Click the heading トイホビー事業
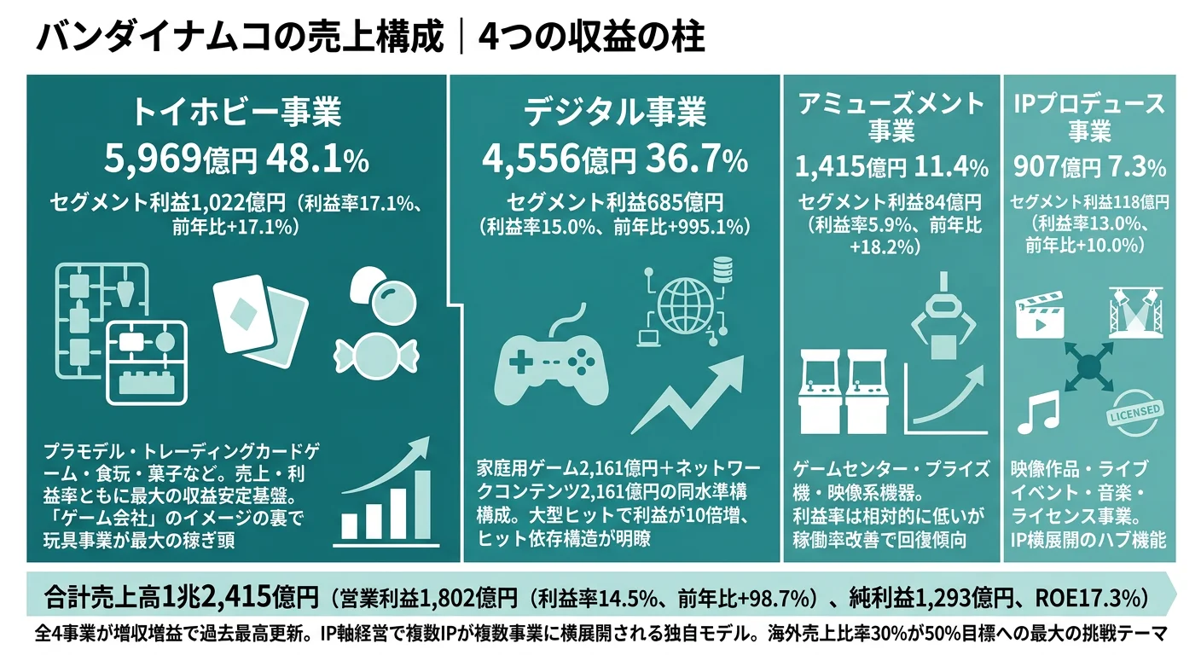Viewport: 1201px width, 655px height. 236,113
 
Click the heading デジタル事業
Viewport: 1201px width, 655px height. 615,113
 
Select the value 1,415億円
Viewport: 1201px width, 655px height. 850,165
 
